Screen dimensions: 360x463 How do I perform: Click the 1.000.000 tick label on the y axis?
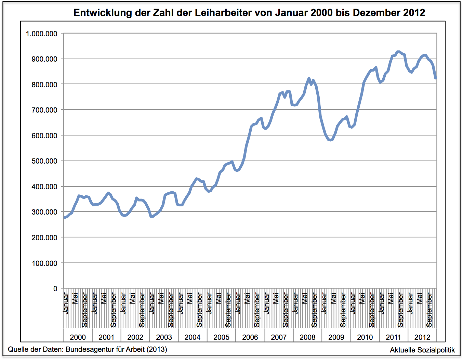pos(41,34)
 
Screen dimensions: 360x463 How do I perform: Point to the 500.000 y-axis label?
pos(44,161)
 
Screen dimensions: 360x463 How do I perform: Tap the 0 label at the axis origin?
pos(55,288)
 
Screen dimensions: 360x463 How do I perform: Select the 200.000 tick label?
pos(44,237)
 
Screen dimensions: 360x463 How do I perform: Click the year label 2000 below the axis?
pos(78,337)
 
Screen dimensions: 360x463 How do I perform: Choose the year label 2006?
pos(250,337)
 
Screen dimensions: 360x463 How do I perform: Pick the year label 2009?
pos(336,337)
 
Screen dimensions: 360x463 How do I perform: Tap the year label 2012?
pos(422,337)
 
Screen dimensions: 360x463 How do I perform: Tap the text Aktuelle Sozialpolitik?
pos(422,350)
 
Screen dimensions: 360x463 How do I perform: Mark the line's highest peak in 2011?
pos(398,52)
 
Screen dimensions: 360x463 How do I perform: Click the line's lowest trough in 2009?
pos(330,140)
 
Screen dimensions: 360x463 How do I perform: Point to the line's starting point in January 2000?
pos(65,218)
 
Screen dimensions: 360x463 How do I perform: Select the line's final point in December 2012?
pos(436,78)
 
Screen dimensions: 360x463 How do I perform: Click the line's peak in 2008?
pos(309,78)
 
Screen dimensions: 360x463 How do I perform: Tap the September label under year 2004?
pos(199,310)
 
